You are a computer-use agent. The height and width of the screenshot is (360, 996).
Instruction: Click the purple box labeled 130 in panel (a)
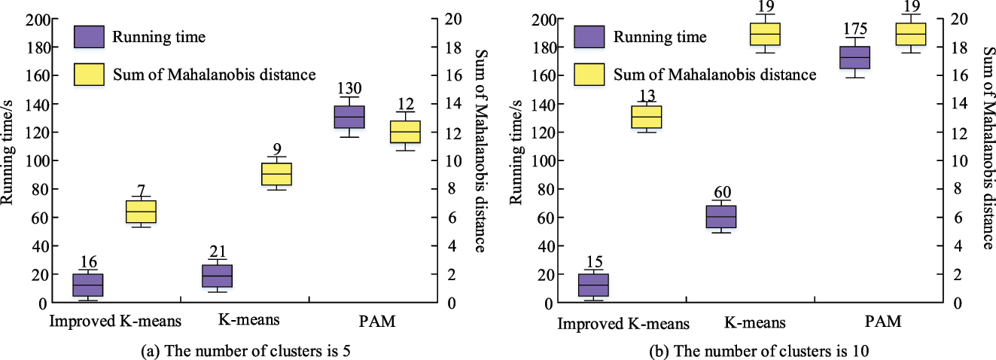coord(349,117)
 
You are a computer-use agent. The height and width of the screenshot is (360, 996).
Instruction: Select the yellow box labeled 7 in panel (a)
coord(141,212)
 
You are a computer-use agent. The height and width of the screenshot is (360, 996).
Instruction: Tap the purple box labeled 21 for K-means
coord(217,276)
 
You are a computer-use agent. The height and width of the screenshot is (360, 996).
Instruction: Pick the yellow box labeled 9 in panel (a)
coord(276,174)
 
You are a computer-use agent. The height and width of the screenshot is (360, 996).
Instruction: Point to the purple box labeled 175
coord(854,57)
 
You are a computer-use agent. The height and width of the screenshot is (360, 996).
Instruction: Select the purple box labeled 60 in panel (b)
coord(720,216)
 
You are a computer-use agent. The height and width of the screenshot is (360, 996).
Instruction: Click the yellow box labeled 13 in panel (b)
coord(646,117)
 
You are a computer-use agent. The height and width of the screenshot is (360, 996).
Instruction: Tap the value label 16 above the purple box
coord(88,261)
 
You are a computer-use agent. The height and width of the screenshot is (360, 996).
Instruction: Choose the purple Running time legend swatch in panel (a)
coord(89,36)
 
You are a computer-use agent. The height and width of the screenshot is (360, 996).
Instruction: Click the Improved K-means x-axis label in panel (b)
coord(623,324)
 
